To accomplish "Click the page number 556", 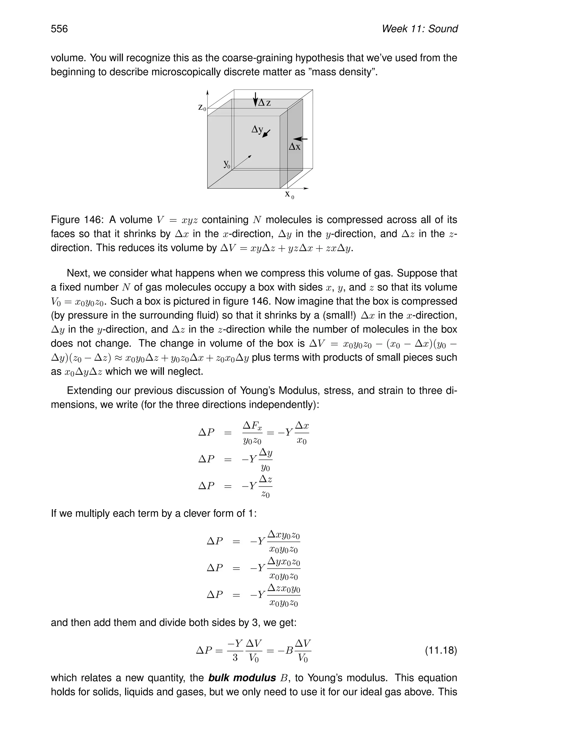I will [59, 29].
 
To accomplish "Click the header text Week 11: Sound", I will [419, 29].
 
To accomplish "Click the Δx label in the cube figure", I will [294, 147].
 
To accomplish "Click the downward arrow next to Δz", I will [255, 99].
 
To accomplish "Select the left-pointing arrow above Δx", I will [300, 139].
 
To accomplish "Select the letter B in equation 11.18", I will [289, 650].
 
